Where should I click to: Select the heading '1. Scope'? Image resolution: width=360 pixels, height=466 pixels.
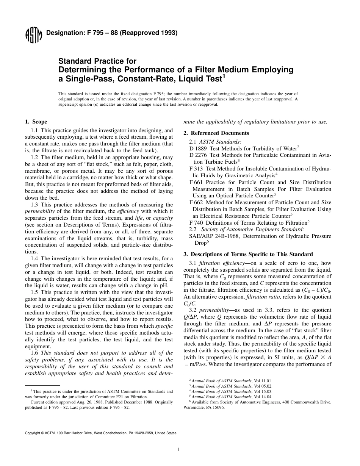[x=36, y=122]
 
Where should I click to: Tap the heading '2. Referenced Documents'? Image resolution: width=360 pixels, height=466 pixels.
[x=216, y=133]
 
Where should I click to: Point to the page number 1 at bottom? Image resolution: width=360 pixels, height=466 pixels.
[x=178, y=450]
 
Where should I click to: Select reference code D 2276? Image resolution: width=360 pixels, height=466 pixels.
[x=197, y=155]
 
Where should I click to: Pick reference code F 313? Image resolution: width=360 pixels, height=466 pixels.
[x=196, y=169]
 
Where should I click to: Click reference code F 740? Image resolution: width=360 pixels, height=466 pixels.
[x=196, y=223]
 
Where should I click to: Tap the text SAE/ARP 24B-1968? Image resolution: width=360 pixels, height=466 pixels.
[x=212, y=236]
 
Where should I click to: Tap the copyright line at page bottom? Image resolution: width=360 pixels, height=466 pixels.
[x=101, y=432]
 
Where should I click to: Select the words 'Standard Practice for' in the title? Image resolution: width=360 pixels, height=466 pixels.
[x=97, y=61]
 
